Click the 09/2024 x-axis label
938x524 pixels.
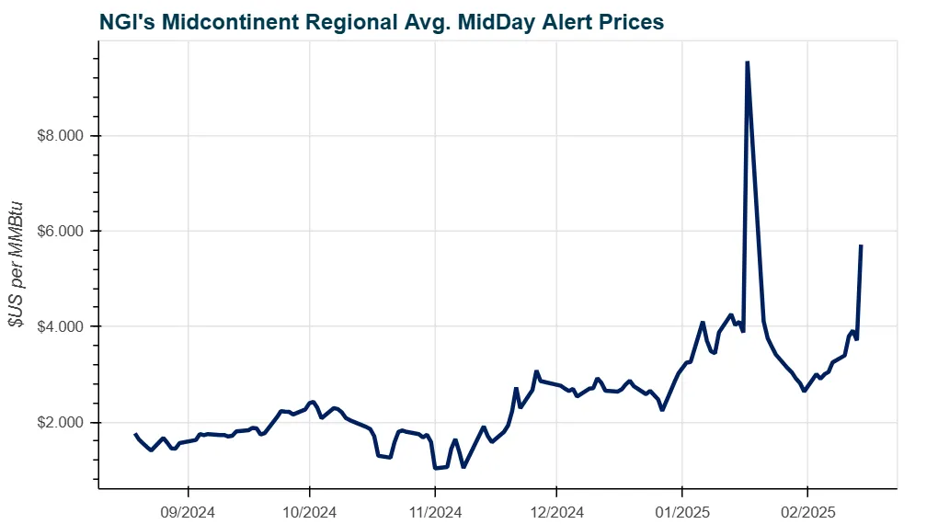coord(188,507)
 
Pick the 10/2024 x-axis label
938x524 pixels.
coord(310,507)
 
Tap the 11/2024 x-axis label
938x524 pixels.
coord(434,507)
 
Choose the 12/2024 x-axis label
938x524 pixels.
coord(556,507)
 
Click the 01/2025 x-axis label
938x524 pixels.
coord(681,507)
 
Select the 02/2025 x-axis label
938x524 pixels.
coord(806,507)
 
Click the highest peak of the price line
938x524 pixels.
coord(747,63)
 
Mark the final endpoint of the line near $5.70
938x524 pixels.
coord(860,245)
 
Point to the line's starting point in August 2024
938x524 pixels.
coord(135,434)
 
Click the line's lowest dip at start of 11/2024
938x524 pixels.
coord(435,468)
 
